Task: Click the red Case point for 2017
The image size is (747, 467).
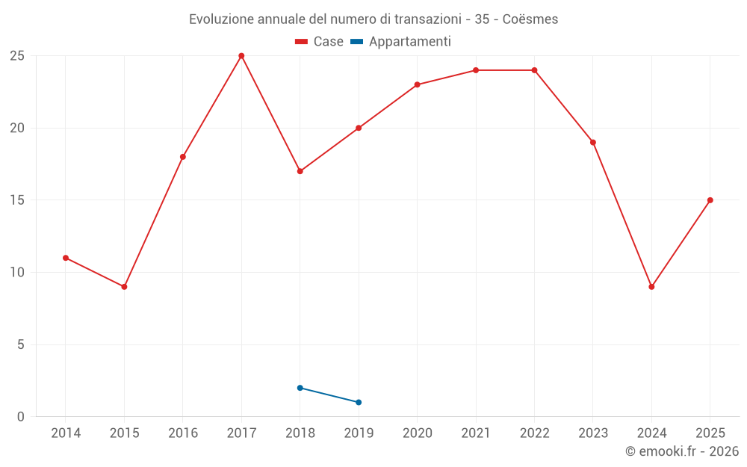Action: tap(241, 56)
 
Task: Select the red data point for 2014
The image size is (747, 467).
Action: tap(66, 258)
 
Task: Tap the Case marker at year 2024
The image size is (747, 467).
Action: tap(651, 287)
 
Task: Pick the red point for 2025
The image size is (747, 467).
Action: tap(710, 200)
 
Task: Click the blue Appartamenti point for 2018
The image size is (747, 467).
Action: tap(300, 388)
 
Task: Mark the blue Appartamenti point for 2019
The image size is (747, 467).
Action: tap(359, 402)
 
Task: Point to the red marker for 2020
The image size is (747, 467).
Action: tap(418, 85)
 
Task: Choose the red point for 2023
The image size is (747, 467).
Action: tap(593, 143)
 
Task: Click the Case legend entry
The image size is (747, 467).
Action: tap(319, 41)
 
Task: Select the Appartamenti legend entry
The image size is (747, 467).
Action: tap(400, 42)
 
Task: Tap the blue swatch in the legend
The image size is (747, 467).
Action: tap(357, 41)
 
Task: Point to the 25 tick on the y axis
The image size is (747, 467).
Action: tap(17, 56)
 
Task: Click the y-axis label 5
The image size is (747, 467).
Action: tap(20, 344)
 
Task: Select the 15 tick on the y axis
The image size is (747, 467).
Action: tap(17, 200)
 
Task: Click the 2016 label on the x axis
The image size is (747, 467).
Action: tap(183, 433)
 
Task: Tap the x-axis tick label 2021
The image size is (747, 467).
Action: tap(476, 433)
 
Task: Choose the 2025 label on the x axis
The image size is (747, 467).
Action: tap(710, 433)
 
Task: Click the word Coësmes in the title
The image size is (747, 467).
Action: tap(530, 19)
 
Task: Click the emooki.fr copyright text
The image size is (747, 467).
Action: tap(682, 451)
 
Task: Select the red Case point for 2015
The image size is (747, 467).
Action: tap(124, 287)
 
